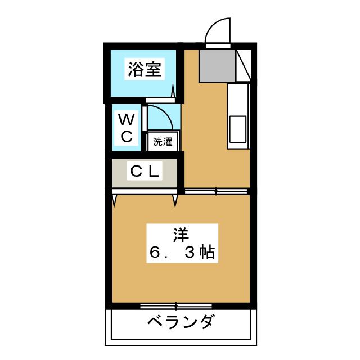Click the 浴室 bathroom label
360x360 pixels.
[145, 70]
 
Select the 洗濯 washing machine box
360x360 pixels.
[163, 142]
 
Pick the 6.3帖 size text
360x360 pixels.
[181, 253]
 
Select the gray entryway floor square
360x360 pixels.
[217, 64]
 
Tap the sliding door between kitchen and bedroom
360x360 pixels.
[217, 192]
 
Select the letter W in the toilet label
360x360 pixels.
[127, 119]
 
